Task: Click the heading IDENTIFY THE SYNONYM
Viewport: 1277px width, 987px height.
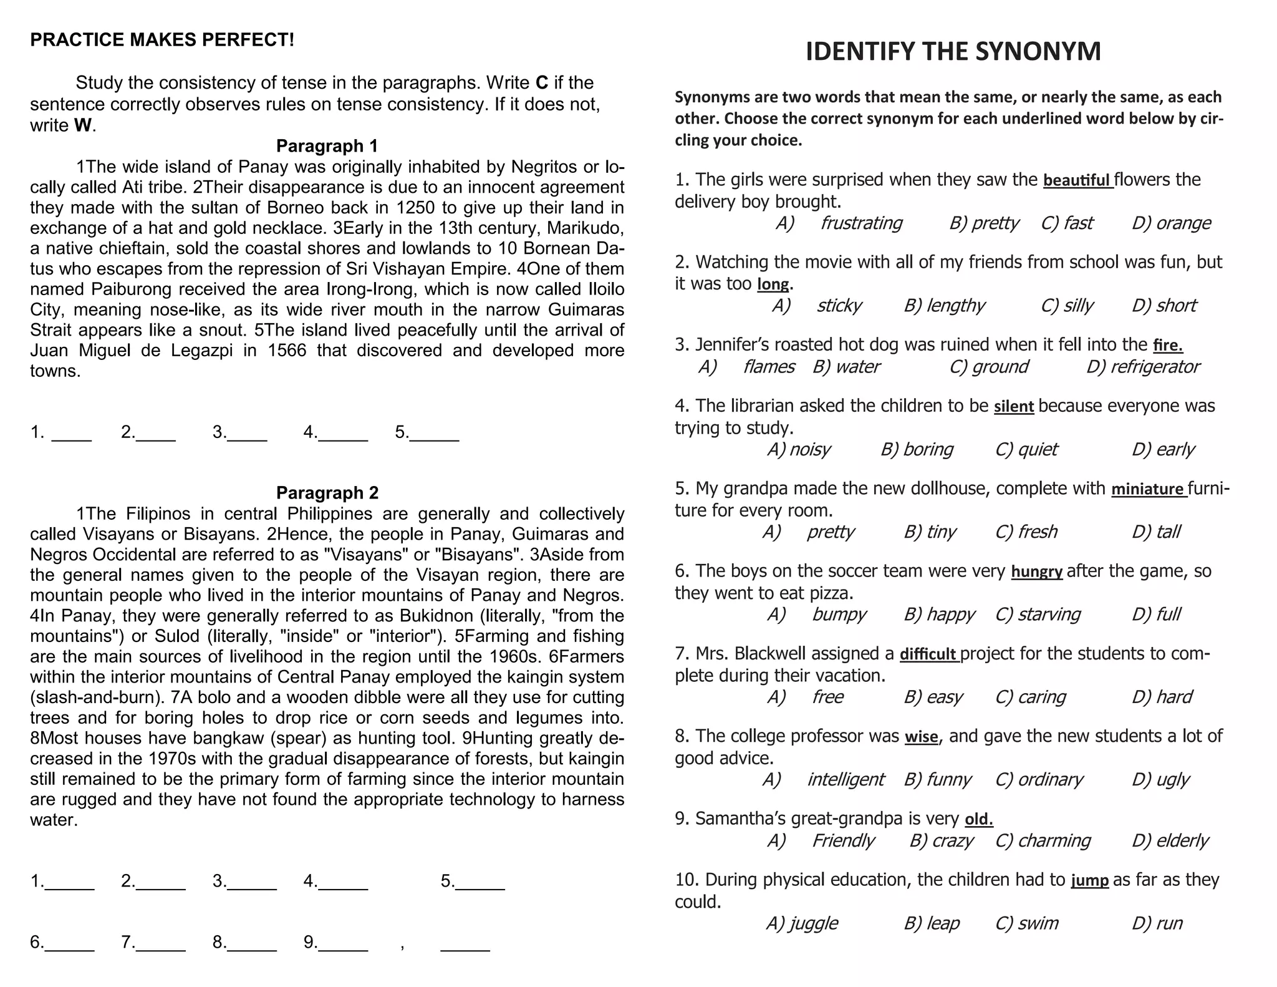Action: click(x=953, y=51)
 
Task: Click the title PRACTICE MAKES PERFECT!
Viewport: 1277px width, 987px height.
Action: click(x=162, y=40)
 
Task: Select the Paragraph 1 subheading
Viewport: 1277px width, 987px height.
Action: click(x=327, y=146)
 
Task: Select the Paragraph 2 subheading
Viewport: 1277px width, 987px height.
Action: click(x=327, y=493)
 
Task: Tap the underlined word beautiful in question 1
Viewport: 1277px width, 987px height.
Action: click(x=1077, y=180)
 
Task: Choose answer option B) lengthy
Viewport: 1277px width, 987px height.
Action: click(x=944, y=306)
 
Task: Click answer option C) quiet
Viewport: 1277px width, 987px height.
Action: click(x=1026, y=449)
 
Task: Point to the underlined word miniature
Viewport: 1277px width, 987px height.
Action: click(x=1147, y=489)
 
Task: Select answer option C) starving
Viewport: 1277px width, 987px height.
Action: click(x=1038, y=615)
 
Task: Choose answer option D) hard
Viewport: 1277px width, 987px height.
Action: click(x=1162, y=697)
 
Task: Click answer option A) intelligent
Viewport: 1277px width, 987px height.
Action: click(x=823, y=780)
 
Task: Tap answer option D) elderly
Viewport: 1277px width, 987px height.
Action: click(x=1170, y=841)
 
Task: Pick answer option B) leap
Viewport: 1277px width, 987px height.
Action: click(x=932, y=923)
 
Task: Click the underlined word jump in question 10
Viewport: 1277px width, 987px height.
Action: click(x=1089, y=880)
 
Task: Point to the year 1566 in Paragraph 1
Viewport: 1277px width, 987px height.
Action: click(x=287, y=351)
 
